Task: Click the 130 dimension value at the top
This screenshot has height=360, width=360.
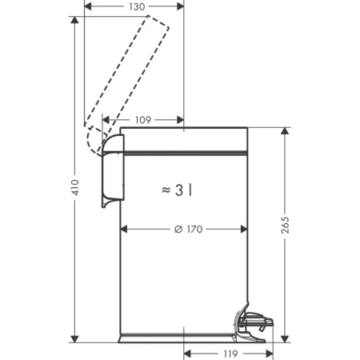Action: click(x=137, y=6)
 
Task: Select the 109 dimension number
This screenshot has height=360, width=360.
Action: click(x=143, y=120)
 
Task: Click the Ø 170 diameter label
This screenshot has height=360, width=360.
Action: click(x=188, y=229)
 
